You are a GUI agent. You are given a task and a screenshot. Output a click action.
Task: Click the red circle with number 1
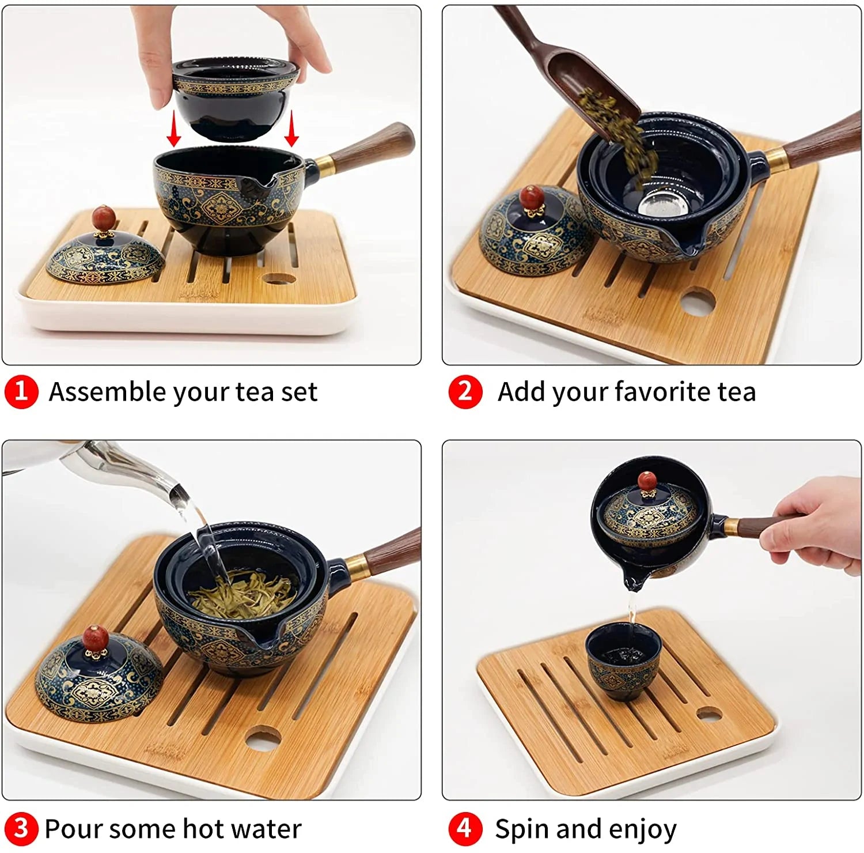pos(21,392)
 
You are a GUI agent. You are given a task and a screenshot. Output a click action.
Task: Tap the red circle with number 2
pos(465,392)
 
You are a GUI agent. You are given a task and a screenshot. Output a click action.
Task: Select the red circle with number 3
pos(21,829)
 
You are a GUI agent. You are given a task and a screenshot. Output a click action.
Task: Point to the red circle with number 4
pos(465,829)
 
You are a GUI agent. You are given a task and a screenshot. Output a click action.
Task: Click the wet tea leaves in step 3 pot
pos(242,594)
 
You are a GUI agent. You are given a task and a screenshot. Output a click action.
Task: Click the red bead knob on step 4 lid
pos(648,482)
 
